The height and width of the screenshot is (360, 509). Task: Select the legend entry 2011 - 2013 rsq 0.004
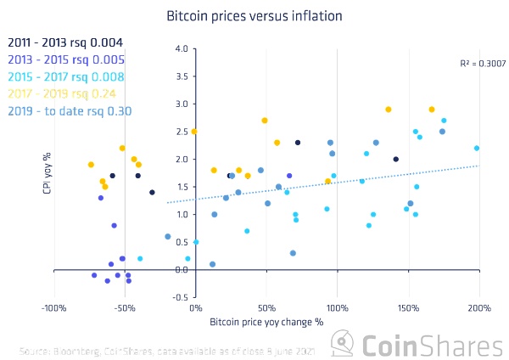click(65, 42)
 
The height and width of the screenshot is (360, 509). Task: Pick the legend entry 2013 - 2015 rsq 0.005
click(65, 59)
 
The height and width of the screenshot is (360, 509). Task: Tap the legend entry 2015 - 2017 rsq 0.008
click(65, 76)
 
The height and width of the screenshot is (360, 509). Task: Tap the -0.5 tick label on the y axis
click(180, 297)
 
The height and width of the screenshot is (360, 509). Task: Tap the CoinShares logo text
click(428, 345)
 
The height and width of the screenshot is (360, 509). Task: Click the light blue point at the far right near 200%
click(477, 148)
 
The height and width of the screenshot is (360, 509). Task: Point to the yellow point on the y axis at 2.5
click(194, 132)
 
